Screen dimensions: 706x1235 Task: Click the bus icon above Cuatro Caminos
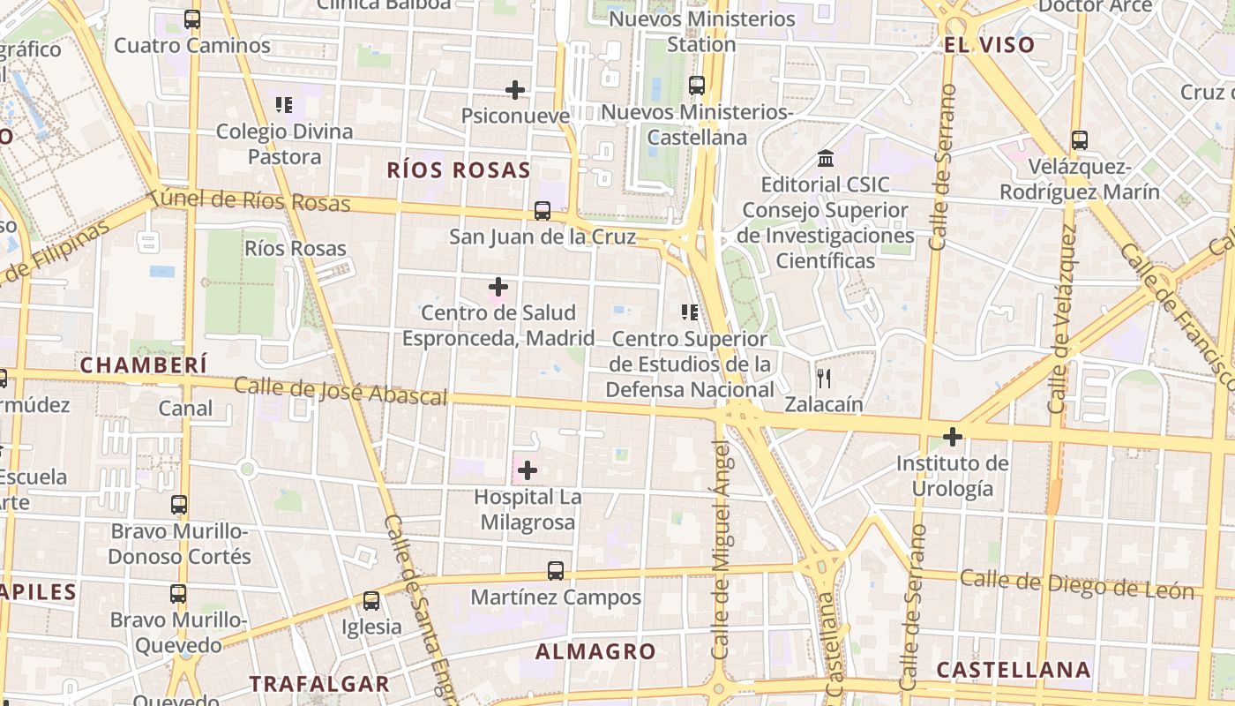pos(191,19)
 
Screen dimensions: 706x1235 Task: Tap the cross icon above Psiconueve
pos(515,89)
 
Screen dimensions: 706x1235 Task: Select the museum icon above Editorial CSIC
pos(827,159)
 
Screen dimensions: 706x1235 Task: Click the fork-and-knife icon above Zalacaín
pos(824,379)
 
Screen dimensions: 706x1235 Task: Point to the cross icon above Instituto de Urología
pos(952,437)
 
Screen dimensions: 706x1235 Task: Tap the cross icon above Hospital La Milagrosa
pos(527,470)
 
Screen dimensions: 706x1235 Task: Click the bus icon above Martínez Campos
pos(555,571)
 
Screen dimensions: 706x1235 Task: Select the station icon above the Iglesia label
pos(371,601)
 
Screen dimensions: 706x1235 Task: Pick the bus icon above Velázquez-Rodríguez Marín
pos(1079,140)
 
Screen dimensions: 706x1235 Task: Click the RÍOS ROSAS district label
pos(459,170)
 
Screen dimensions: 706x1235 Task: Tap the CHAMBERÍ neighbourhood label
pos(144,364)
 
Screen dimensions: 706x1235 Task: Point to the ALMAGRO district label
pos(596,652)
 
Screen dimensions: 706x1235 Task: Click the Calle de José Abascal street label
pos(341,391)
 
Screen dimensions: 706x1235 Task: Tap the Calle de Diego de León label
pos(1076,584)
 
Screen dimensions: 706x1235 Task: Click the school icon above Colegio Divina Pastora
pos(284,106)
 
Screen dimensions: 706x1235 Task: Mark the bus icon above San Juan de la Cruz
pos(542,211)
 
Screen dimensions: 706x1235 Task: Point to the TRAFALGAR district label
pos(318,684)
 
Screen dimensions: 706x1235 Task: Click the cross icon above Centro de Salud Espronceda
pos(498,287)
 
